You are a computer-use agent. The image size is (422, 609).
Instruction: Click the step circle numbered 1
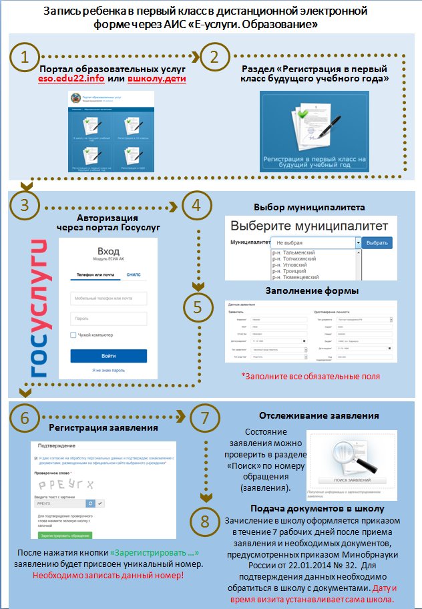[x=25, y=57]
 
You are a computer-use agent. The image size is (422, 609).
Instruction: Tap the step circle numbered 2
[x=214, y=57]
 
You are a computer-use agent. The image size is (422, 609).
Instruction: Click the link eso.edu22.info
[x=68, y=79]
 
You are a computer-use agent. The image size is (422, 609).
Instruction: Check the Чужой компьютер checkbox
[x=73, y=335]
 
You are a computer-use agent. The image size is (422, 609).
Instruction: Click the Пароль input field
[x=108, y=319]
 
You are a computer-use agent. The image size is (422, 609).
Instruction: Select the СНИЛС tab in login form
[x=134, y=274]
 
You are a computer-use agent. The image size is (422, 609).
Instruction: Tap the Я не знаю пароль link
[x=108, y=370]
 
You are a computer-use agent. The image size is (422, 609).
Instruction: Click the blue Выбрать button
[x=377, y=242]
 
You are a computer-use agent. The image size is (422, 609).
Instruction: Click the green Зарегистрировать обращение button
[x=64, y=536]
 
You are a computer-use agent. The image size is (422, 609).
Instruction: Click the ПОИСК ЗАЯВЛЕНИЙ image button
[x=347, y=481]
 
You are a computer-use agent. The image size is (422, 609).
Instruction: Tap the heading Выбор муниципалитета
[x=308, y=207]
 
